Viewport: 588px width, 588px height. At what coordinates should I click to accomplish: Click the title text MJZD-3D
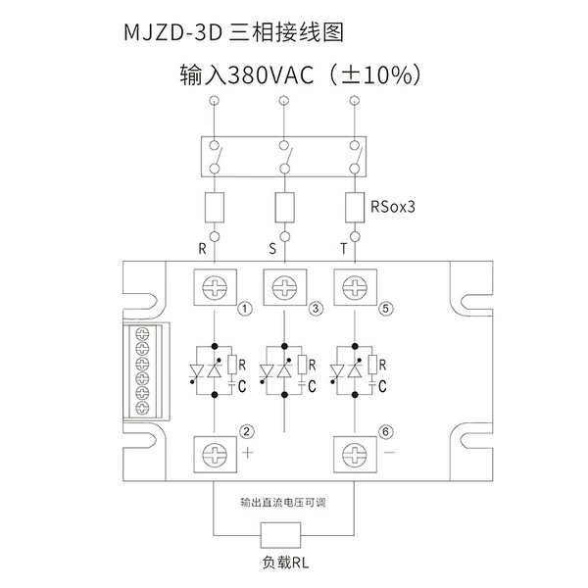coord(173,32)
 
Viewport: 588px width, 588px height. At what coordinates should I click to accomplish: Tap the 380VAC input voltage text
coord(270,74)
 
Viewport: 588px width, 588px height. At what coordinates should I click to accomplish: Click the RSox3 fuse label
coord(393,207)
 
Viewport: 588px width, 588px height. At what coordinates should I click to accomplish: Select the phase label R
coord(202,248)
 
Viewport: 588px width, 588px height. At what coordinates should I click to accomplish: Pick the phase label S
coord(272,248)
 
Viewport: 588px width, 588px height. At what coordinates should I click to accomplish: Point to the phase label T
coord(344,248)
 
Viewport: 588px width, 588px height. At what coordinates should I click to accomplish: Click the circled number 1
coord(245,309)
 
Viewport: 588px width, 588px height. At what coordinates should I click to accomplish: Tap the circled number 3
coord(316,309)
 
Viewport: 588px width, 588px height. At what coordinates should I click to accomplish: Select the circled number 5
coord(386,309)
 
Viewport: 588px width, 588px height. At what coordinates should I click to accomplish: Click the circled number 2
coord(246,431)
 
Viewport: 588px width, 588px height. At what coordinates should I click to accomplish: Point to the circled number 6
coord(386,432)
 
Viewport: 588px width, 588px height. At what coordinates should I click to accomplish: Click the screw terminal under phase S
coord(284,287)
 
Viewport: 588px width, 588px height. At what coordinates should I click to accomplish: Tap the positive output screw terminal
coord(215,455)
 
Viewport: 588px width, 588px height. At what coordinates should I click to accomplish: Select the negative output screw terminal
coord(355,455)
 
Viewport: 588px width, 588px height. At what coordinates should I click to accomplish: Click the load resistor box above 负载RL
coord(281,534)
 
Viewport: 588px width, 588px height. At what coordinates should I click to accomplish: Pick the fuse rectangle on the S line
coord(284,208)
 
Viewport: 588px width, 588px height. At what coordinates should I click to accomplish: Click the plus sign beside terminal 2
coord(248,453)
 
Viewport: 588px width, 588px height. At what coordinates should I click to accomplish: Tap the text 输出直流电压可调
coord(283,502)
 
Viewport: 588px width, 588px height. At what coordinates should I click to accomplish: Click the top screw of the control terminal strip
coord(142,333)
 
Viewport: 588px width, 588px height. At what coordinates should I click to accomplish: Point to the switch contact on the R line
coord(217,157)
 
